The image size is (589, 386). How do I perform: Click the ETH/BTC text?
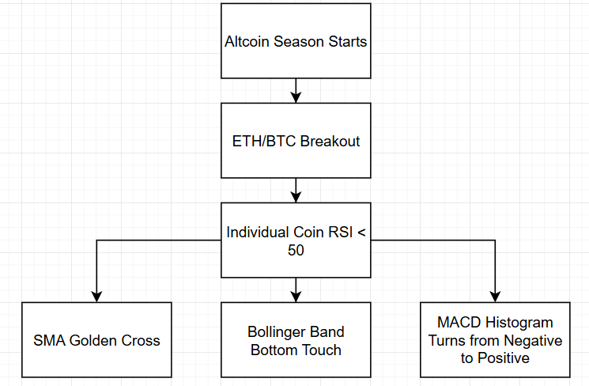(x=264, y=142)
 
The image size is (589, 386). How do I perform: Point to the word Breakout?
(x=330, y=142)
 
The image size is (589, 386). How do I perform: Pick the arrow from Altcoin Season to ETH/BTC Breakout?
(x=296, y=91)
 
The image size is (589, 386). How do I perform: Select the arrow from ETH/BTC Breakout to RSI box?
(x=296, y=190)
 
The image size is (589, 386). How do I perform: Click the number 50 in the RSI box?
(x=296, y=250)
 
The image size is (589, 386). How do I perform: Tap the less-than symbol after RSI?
(x=361, y=233)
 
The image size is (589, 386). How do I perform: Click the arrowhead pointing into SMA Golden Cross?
(x=97, y=297)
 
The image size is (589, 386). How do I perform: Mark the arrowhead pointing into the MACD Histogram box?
(x=495, y=297)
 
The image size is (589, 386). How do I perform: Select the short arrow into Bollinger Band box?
(x=296, y=290)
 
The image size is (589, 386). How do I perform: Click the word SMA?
(x=50, y=341)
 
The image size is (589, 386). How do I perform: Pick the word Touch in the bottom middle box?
(x=322, y=350)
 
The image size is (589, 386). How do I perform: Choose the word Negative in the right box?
(x=533, y=341)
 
